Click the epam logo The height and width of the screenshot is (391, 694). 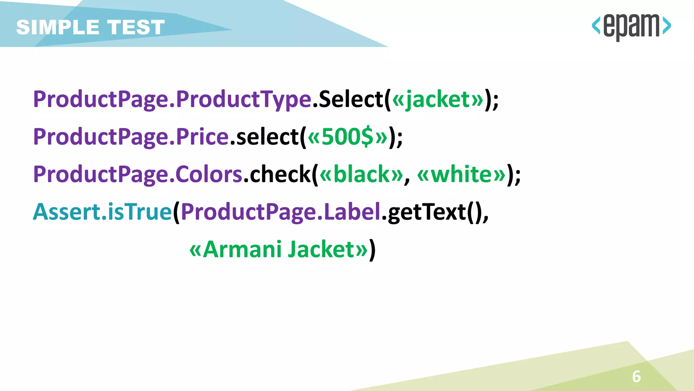(631, 26)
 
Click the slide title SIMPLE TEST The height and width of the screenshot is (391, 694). (90, 27)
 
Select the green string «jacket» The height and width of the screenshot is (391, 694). (437, 99)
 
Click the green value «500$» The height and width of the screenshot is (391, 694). (347, 137)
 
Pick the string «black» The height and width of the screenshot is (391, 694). (361, 174)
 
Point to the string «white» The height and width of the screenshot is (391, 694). (461, 174)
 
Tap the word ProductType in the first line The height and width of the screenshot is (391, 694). (243, 99)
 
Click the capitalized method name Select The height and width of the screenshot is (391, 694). (351, 99)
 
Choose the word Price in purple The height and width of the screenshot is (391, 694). (202, 137)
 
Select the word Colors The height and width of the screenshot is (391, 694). (209, 174)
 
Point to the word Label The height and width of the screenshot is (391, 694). (352, 212)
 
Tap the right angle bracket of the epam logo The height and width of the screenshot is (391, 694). (667, 26)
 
